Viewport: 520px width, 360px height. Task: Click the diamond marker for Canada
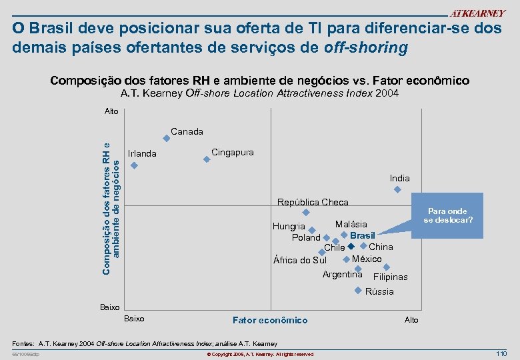pos(166,139)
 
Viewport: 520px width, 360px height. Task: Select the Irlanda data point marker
pos(134,165)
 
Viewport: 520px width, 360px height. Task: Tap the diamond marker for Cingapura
pos(207,159)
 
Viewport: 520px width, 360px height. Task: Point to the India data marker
pos(397,189)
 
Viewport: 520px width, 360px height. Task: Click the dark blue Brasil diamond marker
pos(351,247)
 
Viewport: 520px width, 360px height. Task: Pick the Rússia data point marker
pos(358,290)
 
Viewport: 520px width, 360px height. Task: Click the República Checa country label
pos(313,202)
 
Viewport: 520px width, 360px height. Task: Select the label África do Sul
pos(300,260)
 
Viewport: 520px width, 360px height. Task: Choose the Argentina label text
pos(342,274)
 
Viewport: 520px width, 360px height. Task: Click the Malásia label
pos(351,225)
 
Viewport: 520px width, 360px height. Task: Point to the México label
pos(367,259)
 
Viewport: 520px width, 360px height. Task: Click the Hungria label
pos(289,226)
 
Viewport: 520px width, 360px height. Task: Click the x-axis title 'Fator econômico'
pos(269,320)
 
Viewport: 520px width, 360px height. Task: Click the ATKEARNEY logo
pos(477,14)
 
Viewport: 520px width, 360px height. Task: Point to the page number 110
pos(501,353)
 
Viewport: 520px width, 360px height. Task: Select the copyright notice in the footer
pos(260,354)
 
